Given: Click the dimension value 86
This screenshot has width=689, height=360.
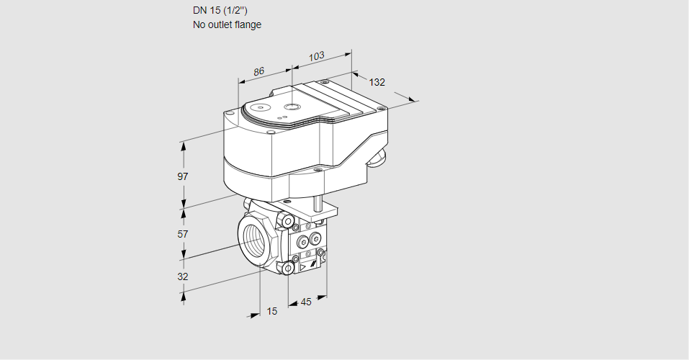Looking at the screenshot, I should (258, 71).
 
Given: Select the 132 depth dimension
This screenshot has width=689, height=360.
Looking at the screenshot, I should (377, 82).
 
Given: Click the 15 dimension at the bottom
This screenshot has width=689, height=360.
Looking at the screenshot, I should (271, 311).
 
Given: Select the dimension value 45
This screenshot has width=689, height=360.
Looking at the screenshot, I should (306, 302).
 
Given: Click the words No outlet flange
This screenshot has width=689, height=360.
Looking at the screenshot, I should (227, 24).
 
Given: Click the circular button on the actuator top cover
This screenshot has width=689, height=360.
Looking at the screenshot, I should (291, 107).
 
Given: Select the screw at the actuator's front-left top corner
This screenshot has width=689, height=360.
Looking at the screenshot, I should (229, 113).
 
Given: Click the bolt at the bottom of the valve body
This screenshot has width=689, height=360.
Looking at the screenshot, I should (288, 269).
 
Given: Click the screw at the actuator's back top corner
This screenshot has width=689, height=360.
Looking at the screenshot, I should (325, 82).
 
